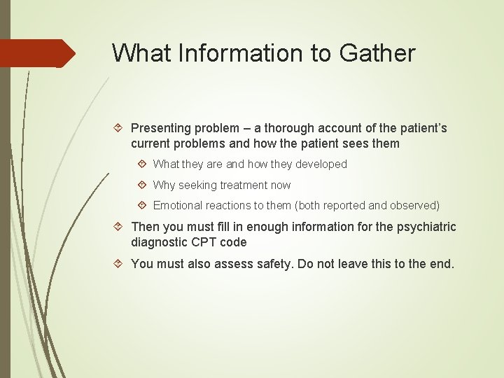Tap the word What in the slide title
coord(141,53)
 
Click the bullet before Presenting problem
coord(119,128)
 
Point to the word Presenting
coord(160,128)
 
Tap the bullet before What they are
coord(142,164)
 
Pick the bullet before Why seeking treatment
coord(142,185)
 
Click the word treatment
coord(243,185)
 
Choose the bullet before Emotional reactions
coord(142,206)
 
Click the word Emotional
coord(178,206)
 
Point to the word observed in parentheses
coord(414,206)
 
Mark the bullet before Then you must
coord(119,227)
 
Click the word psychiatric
coord(425,227)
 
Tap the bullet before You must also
coord(119,264)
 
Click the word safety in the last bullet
coord(273,264)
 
